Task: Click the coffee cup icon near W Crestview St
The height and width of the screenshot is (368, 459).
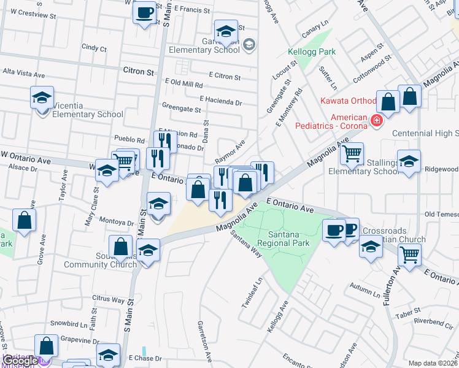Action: (x=144, y=12)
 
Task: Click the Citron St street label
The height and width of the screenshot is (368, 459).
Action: (x=138, y=72)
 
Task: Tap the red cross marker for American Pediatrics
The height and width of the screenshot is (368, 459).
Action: (x=375, y=121)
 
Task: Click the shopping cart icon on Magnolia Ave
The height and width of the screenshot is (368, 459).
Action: (x=352, y=153)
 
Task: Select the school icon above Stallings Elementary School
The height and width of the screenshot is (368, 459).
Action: (x=409, y=161)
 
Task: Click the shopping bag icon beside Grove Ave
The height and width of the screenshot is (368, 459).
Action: (x=24, y=221)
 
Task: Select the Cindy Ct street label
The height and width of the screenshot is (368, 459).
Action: (x=94, y=48)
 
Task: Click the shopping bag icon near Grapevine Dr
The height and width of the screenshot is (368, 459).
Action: (x=47, y=346)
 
